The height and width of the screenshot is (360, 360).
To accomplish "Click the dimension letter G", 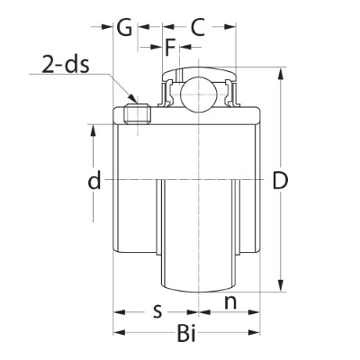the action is [124, 27].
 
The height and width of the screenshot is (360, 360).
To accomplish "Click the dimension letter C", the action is [198, 27].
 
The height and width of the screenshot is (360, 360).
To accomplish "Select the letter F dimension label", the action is [170, 47].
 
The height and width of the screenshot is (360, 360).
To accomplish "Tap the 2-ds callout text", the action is [66, 64].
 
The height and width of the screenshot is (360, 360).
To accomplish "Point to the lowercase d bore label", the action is [94, 180].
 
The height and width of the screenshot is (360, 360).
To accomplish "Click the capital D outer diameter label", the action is [281, 180].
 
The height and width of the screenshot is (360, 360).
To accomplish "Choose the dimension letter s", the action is [157, 311].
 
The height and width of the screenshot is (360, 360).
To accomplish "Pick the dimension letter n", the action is [230, 302].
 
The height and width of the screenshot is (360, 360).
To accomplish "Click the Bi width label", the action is [186, 333].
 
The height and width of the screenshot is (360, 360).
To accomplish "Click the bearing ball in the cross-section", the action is [198, 94].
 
